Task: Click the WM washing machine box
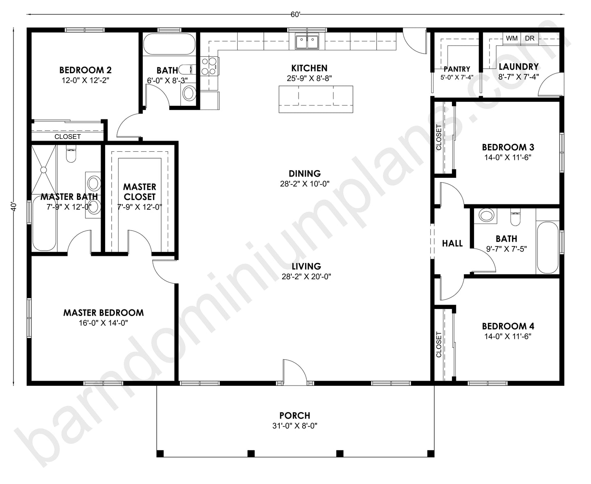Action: tap(512, 38)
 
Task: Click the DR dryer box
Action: tap(530, 38)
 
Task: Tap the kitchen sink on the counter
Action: tap(307, 41)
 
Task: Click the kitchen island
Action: tap(316, 99)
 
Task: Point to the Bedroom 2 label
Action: tap(85, 70)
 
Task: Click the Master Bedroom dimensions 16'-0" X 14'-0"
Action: tap(103, 323)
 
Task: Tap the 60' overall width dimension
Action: tap(295, 15)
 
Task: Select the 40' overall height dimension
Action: tap(14, 206)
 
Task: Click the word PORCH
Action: tap(295, 416)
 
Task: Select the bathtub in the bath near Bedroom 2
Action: tap(169, 44)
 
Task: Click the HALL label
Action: tap(452, 244)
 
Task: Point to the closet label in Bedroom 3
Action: tap(439, 137)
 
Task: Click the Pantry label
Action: tap(456, 69)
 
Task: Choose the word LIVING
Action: tap(306, 267)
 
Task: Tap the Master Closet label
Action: tap(139, 192)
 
